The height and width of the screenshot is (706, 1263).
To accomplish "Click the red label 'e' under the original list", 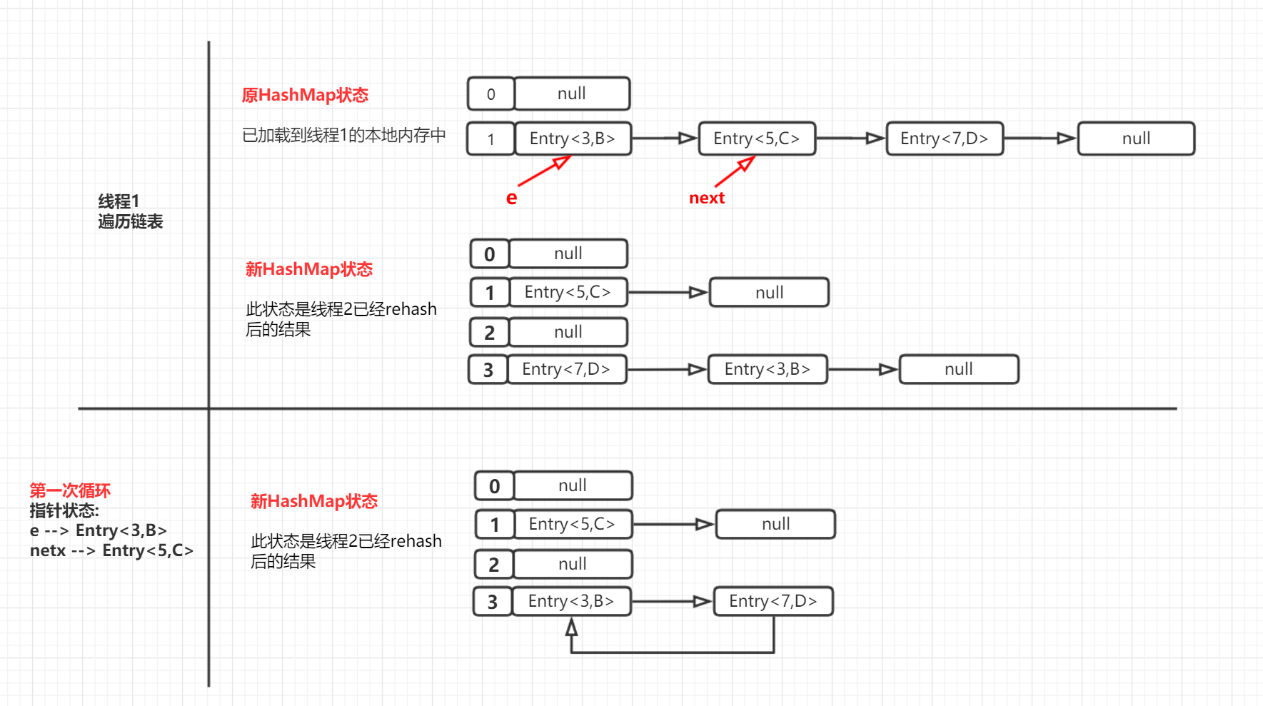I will [x=511, y=198].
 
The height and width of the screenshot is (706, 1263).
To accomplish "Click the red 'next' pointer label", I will [x=707, y=198].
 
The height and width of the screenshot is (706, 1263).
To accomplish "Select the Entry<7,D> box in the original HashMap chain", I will [x=945, y=138].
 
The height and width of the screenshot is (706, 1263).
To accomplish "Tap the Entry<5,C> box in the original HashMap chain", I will [x=757, y=138].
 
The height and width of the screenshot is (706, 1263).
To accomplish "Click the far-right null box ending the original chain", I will [x=1136, y=138].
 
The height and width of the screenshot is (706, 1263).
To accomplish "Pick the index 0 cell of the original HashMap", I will [x=490, y=94].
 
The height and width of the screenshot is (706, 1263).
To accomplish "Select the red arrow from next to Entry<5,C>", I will [x=734, y=173].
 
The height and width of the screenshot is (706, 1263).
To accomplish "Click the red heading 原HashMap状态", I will [x=305, y=95].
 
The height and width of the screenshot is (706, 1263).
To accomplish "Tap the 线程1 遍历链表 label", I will [x=130, y=211].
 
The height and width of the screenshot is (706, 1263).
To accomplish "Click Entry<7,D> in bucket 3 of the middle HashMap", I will [x=566, y=369].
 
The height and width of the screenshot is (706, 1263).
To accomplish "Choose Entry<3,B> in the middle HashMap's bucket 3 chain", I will [x=768, y=369].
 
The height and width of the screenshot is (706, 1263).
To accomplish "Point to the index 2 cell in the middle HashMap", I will [x=489, y=333].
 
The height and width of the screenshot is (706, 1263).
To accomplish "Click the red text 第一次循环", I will [x=70, y=490].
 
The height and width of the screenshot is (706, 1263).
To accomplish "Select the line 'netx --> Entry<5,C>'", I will [x=111, y=550].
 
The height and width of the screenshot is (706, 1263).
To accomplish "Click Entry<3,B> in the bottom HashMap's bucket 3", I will [x=571, y=601].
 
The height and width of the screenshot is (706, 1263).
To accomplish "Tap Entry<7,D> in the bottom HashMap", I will [x=773, y=601].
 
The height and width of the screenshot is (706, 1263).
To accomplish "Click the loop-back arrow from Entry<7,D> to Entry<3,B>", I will [x=671, y=652].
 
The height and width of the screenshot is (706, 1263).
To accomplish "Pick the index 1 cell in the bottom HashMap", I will [x=494, y=525].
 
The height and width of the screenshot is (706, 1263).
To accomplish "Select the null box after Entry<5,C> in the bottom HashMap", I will [x=775, y=524].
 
